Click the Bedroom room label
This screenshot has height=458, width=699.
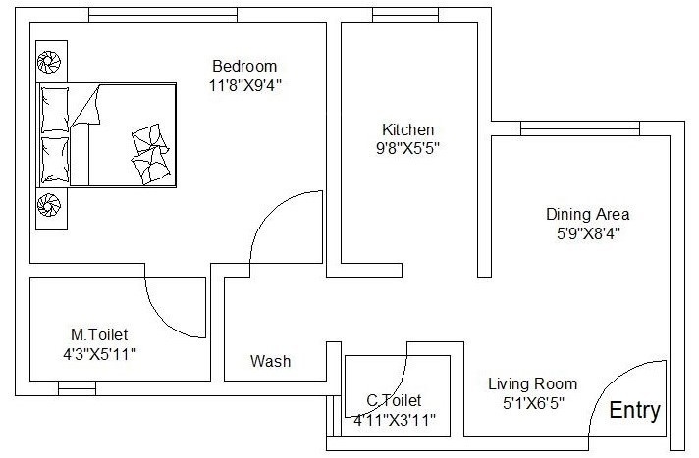(244, 66)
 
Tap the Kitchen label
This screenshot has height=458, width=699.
(407, 129)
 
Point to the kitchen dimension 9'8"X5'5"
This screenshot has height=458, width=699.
(407, 149)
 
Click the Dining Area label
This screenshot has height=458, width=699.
(587, 214)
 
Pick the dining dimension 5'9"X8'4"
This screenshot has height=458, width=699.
(587, 233)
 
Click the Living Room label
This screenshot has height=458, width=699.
(532, 383)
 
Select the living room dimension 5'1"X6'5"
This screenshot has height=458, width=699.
(532, 403)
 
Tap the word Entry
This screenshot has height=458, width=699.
(635, 411)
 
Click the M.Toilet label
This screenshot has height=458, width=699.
(98, 334)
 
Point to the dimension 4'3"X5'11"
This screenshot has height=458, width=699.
(98, 354)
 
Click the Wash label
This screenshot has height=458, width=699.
(270, 361)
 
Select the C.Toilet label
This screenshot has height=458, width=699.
(394, 400)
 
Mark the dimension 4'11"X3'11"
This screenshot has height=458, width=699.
(394, 420)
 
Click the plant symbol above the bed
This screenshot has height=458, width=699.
(49, 62)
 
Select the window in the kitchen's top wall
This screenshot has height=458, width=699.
(400, 14)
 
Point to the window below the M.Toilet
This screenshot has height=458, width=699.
(78, 388)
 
